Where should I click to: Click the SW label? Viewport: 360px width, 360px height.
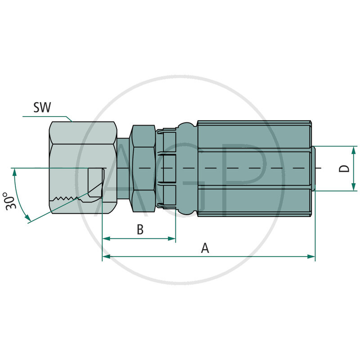[42, 108]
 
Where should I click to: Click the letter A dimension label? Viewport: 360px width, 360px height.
[205, 248]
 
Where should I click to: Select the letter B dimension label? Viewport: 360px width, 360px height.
[140, 229]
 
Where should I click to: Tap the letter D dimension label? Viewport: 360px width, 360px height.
[344, 168]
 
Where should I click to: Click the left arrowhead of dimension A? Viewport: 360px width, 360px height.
[106, 256]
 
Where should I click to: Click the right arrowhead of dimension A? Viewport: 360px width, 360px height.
[311, 256]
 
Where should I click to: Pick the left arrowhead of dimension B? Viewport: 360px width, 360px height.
[106, 238]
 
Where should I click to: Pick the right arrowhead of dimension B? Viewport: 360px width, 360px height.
[172, 238]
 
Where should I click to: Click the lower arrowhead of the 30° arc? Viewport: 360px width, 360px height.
[29, 220]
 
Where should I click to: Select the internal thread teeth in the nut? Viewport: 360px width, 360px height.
[65, 198]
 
